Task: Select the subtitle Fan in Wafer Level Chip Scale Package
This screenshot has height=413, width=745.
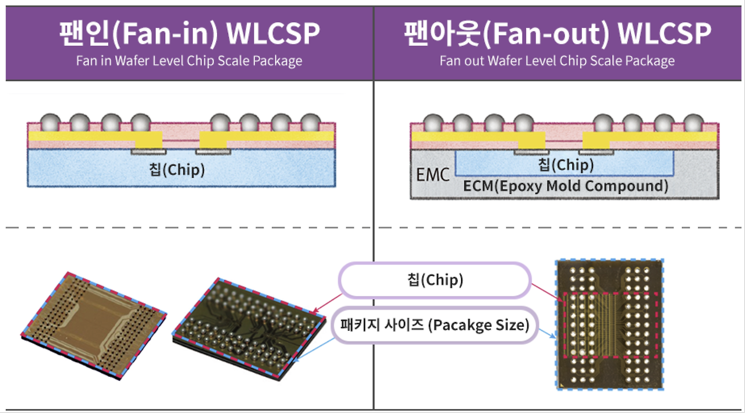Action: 189,61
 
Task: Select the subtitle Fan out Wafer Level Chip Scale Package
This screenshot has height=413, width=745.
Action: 557,61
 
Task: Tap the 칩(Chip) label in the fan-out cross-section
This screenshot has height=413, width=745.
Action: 566,164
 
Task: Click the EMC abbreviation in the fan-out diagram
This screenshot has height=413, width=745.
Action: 432,174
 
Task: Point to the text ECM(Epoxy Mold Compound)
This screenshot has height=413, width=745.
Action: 566,186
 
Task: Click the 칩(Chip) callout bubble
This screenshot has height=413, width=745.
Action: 435,280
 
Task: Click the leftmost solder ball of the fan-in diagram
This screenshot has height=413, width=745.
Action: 50,123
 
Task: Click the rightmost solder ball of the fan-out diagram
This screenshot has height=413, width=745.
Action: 693,123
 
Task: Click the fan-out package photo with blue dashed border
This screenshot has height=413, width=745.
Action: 610,324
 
